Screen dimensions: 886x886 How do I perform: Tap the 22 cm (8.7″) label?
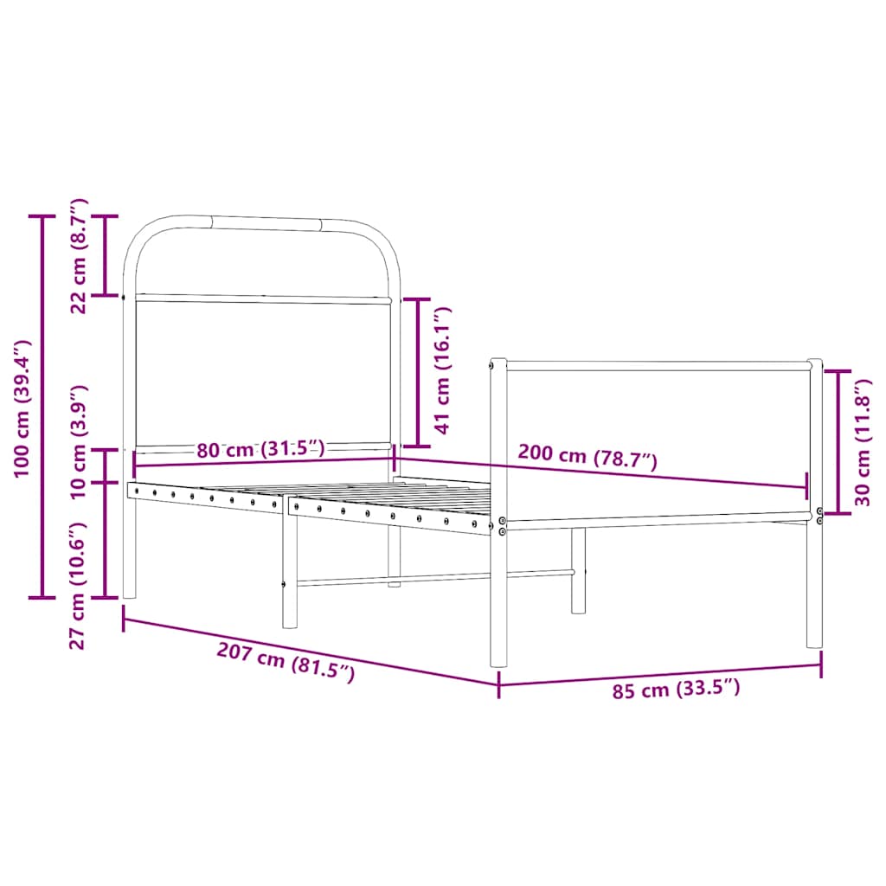80,255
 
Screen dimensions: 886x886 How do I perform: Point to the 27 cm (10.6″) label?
80,585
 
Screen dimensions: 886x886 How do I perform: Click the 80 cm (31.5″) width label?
260,449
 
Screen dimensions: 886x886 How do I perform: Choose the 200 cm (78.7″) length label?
587,455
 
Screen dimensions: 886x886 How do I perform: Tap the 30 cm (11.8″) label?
864,442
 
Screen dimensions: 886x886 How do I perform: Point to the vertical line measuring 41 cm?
417,372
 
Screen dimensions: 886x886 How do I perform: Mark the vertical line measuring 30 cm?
838,441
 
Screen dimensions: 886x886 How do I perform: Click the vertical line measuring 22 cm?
106,255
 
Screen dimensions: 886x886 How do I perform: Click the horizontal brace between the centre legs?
433,577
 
